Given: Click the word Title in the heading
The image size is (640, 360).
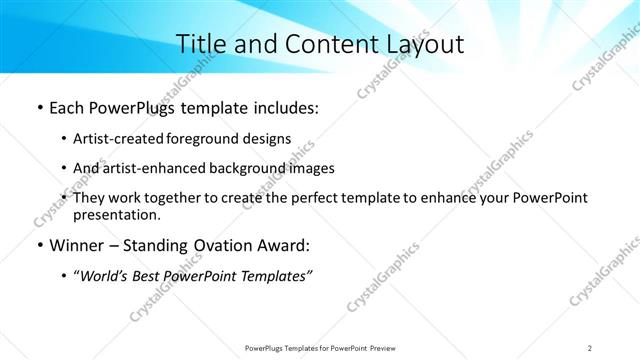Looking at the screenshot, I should tap(200, 44).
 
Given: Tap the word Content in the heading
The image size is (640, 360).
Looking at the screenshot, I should tap(318, 44).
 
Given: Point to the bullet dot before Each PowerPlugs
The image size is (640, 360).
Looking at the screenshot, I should tap(38, 108).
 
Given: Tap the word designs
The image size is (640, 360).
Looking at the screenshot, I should tap(267, 139).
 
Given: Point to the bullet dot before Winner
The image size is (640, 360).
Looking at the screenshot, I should tap(38, 245).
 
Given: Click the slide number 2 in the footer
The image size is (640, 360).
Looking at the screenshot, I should tap(590, 347).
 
